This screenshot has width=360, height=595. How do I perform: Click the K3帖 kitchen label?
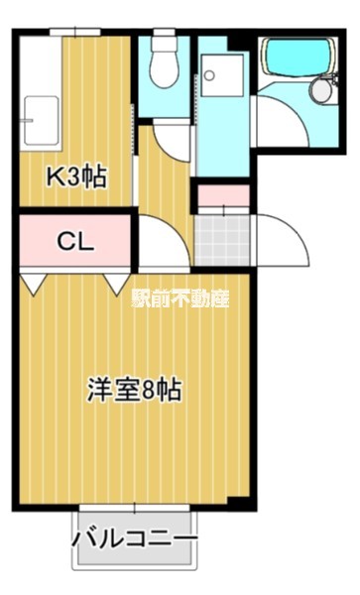pos(76,178)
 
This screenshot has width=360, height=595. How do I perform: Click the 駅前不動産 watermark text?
pos(180,297)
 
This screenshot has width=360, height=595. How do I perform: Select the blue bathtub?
pos(296,61)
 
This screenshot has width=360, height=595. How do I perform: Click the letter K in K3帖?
pos(57,178)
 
